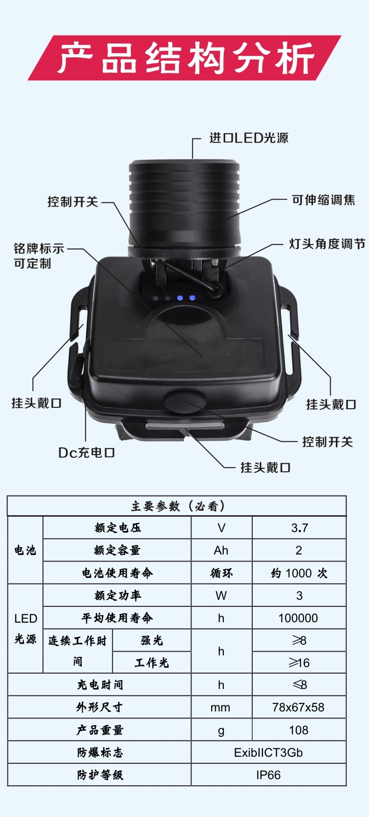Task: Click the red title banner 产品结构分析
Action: point(184,58)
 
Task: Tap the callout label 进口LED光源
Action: point(249,138)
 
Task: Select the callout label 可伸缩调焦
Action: point(324,200)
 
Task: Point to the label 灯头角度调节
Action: point(327,244)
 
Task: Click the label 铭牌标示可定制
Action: point(39,256)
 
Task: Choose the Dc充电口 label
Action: point(86,453)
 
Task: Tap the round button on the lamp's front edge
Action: point(185,402)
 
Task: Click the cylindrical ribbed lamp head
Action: point(185,208)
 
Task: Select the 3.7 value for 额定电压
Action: point(299,528)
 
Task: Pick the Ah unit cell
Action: point(221,550)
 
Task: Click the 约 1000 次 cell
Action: point(299,573)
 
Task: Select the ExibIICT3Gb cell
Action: point(269,753)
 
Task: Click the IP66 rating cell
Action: point(269,775)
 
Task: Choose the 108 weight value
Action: point(298,730)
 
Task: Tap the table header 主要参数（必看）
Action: point(177,506)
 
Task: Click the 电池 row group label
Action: point(25,550)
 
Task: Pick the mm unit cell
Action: point(220,708)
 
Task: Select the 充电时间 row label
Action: point(100,685)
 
